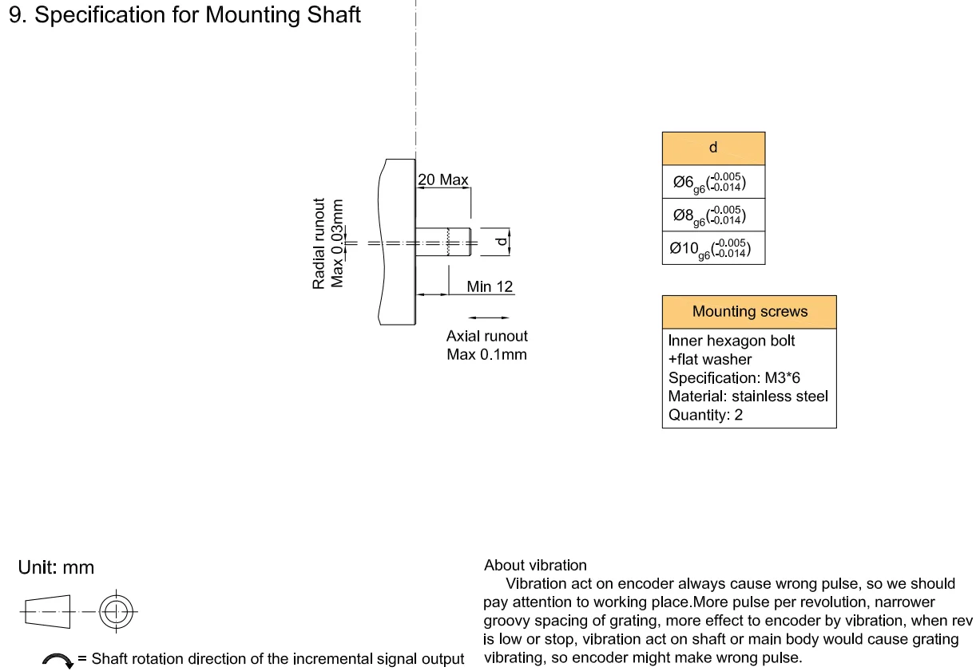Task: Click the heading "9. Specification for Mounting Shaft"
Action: pos(184,15)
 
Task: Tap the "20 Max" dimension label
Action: pos(443,180)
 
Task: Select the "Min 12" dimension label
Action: pos(490,286)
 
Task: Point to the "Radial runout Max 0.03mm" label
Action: pos(328,243)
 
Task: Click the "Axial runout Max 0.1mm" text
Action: pos(486,345)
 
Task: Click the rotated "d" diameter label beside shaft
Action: pos(501,243)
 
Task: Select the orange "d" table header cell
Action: pos(713,148)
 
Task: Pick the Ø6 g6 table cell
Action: pos(713,182)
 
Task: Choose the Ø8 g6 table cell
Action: pos(713,215)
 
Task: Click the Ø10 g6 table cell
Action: pos(713,248)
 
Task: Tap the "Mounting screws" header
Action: pos(749,312)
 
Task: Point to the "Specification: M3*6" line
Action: pos(734,377)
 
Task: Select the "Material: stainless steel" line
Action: pos(748,396)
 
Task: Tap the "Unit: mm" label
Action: pos(56,568)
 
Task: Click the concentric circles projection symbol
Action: pos(117,613)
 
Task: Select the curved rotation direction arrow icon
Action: pos(58,660)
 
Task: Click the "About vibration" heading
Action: pos(535,566)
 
